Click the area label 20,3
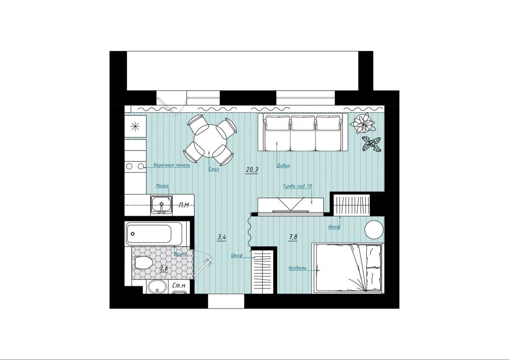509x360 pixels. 252,170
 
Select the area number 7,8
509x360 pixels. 293,237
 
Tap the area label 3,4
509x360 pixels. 222,237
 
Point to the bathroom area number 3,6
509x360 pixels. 164,268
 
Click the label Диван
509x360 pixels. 283,165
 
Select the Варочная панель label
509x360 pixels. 172,165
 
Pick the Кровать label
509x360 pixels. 297,268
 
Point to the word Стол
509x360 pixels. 214,169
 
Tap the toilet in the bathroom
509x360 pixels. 143,263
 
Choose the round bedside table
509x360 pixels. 374,230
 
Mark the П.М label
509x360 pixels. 184,205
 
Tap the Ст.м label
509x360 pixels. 179,286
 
